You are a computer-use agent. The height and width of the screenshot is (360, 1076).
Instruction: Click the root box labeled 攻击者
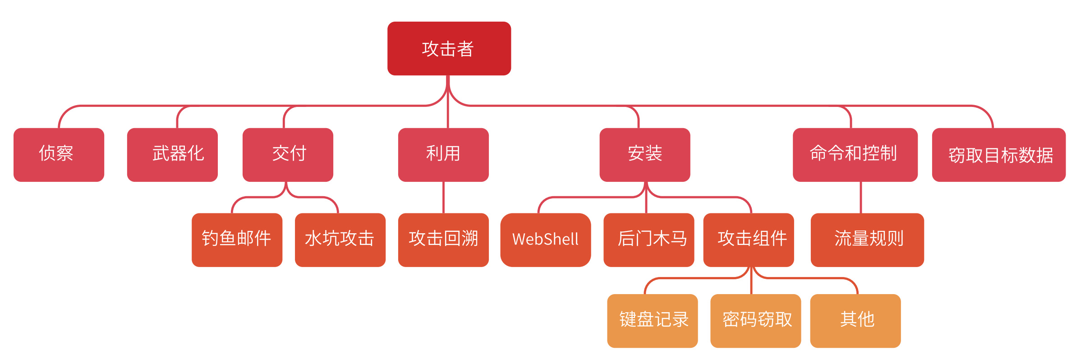click(449, 48)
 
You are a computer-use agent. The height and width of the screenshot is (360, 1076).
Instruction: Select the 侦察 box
click(59, 155)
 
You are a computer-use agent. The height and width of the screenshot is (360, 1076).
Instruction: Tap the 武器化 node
click(172, 155)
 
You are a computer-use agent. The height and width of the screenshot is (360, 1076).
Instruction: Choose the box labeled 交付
click(288, 155)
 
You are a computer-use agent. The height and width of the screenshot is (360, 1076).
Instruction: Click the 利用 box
click(443, 155)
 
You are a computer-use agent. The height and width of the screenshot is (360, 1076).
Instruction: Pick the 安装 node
click(644, 155)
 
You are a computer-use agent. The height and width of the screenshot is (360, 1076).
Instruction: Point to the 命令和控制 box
click(855, 155)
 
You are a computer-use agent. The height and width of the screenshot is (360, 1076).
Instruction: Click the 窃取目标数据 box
click(998, 155)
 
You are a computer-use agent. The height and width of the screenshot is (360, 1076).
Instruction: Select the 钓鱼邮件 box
click(237, 240)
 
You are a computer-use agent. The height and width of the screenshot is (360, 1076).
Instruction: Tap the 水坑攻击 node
click(340, 240)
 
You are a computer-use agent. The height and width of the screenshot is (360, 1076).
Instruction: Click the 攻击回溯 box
click(443, 240)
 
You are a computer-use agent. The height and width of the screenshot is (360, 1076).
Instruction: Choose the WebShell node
click(545, 240)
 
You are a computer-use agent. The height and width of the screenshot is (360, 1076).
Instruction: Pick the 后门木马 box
click(648, 240)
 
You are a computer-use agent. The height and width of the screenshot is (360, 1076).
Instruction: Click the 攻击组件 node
click(749, 240)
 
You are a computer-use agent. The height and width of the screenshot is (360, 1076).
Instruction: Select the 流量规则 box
click(867, 240)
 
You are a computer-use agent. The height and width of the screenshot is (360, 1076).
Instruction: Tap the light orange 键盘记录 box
click(652, 320)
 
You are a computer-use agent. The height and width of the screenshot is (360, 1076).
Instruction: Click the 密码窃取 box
click(755, 320)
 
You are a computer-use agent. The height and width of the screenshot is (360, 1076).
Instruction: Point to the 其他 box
click(855, 320)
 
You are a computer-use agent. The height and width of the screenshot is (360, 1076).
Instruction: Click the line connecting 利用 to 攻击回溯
click(443, 197)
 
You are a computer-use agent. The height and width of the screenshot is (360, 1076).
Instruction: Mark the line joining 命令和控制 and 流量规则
click(861, 197)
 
